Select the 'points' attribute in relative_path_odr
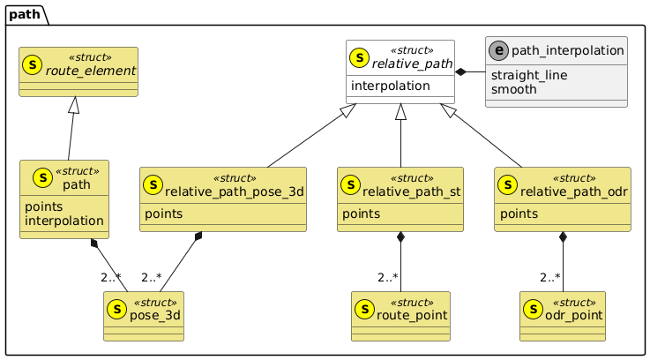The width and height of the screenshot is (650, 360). (x=519, y=214)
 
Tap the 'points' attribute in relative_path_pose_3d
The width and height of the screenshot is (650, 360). (x=165, y=214)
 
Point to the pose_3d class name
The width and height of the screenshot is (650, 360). (x=155, y=315)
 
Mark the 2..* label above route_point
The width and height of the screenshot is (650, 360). (x=390, y=279)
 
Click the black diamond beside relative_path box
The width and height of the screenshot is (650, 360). (x=461, y=71)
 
